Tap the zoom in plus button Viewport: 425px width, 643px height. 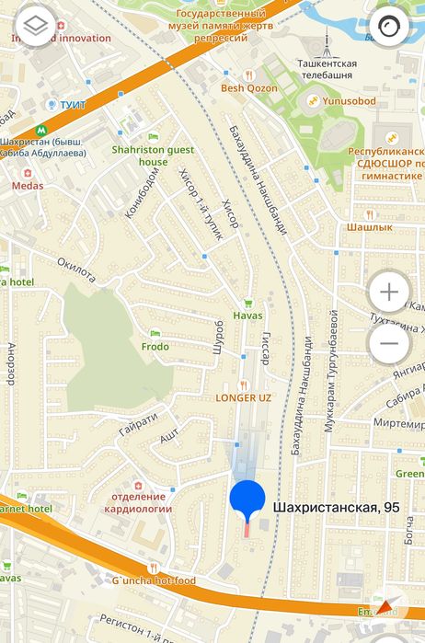click(x=389, y=293)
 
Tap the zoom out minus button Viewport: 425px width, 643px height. click(x=389, y=343)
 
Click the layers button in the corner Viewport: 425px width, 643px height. click(x=36, y=25)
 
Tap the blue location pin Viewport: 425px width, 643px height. click(x=247, y=499)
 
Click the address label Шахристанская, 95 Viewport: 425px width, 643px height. click(x=337, y=507)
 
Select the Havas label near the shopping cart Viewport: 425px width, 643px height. click(x=247, y=316)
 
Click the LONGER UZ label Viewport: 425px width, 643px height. click(x=244, y=398)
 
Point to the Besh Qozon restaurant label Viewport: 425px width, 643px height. click(x=247, y=89)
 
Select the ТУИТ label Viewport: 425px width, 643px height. click(x=72, y=105)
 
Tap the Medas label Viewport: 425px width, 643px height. click(x=27, y=185)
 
